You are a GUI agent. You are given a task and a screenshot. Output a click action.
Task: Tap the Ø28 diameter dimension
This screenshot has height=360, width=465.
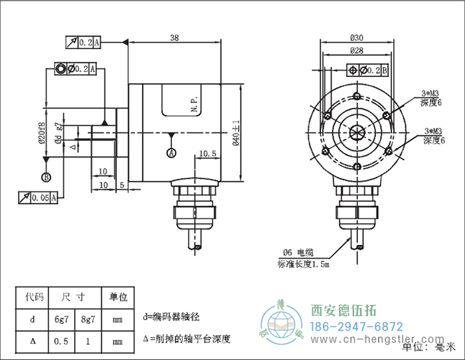point(357,50)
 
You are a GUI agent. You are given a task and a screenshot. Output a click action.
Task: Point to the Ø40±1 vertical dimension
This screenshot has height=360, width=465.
point(235,132)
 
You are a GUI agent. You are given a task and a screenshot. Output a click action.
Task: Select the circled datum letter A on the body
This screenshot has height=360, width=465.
point(172,152)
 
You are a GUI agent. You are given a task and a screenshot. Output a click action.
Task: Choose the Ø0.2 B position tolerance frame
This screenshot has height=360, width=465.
point(368,70)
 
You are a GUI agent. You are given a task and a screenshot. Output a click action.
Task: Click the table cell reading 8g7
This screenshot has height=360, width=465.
point(87,319)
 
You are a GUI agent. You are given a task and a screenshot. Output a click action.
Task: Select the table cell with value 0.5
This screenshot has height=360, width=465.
point(60,341)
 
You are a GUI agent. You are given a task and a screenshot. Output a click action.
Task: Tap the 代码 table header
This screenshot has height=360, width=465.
point(31,297)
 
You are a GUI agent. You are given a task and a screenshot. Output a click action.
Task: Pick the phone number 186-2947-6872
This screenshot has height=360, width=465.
point(357,326)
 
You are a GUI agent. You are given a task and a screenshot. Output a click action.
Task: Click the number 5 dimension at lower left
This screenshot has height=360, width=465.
point(122,184)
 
